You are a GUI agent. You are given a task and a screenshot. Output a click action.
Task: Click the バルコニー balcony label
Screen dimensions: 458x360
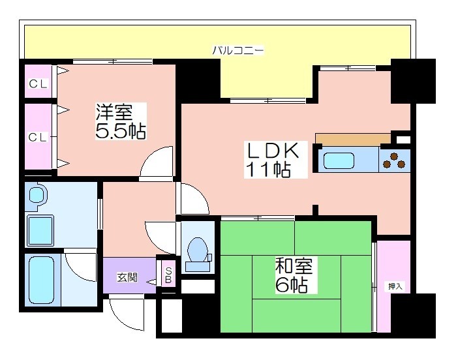[237, 50]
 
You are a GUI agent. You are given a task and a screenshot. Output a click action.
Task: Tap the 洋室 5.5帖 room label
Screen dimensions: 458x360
[121, 121]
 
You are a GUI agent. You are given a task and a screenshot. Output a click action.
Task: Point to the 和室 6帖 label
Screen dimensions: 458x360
[293, 275]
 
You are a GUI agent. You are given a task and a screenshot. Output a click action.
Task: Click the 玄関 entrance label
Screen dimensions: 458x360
[127, 277]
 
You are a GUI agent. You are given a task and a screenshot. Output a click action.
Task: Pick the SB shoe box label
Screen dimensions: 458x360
[168, 275]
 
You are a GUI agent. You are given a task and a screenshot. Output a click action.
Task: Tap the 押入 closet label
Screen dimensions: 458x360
[395, 286]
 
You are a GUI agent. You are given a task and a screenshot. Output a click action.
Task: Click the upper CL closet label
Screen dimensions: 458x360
[38, 84]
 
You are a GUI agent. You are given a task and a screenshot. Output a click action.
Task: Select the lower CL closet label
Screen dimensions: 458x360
[37, 137]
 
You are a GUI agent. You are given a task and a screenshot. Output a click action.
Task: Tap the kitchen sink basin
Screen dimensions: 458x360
[339, 161]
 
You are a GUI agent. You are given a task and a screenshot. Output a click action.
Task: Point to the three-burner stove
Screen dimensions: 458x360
[394, 160]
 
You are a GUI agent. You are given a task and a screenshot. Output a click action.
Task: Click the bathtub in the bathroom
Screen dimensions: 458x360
[42, 280]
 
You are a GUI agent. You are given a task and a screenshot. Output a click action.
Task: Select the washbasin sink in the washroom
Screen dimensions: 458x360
[37, 196]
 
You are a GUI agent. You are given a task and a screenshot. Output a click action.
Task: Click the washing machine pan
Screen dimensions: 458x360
[40, 230]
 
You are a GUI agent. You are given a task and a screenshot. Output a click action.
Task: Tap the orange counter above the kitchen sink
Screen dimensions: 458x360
[353, 138]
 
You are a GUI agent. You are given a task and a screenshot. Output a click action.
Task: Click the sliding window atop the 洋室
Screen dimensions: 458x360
[112, 61]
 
